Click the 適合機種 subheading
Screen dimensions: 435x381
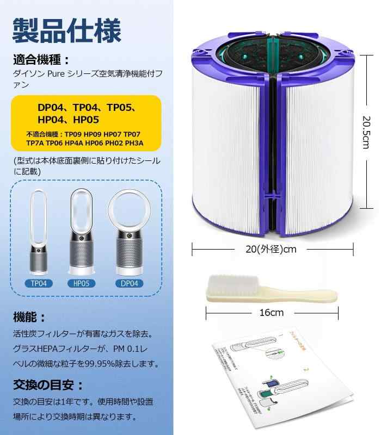41,60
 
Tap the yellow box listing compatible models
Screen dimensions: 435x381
86,123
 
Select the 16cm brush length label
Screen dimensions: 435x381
272,313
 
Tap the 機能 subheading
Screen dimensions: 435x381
30,317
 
